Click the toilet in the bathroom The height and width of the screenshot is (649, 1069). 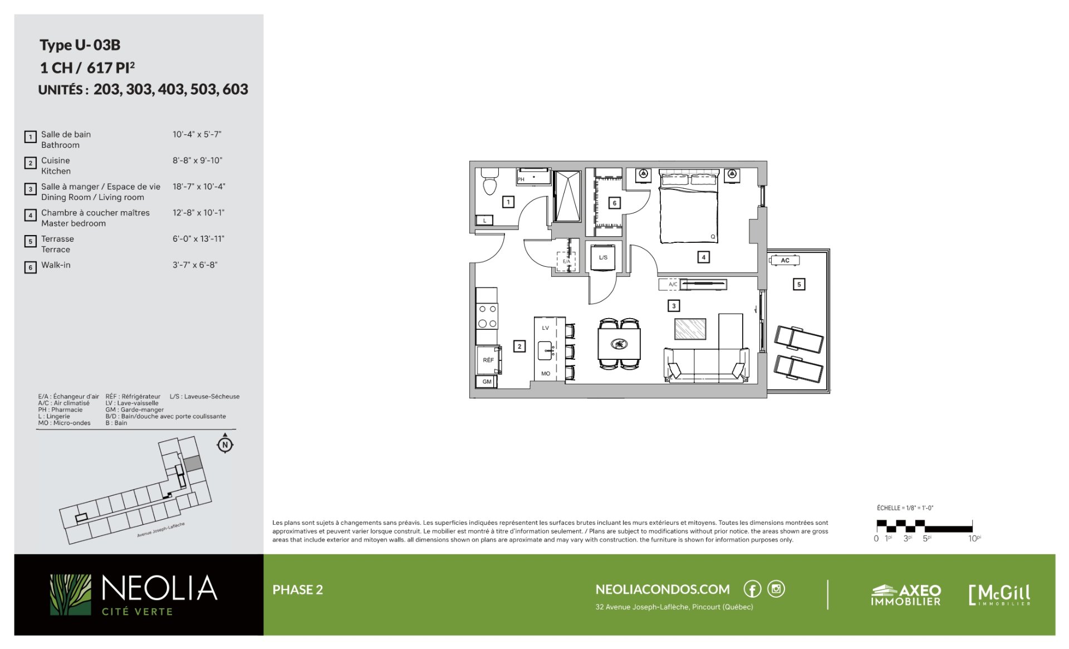pos(489,180)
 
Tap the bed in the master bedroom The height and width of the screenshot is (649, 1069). pos(688,206)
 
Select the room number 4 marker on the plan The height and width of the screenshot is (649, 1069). pos(704,257)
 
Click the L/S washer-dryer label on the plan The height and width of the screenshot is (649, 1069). pos(603,257)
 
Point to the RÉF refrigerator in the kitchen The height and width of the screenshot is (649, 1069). pos(489,360)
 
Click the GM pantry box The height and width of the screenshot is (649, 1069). pos(486,382)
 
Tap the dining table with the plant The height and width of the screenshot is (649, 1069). pos(619,344)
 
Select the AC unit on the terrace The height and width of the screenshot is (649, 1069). pos(785,260)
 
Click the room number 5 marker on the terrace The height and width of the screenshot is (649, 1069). pos(799,284)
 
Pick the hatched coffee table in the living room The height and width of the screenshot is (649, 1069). pos(690,329)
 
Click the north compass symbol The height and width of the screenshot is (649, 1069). pos(225,444)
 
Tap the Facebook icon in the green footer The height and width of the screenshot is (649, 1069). pos(752,589)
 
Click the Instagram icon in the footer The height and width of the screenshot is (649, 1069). pos(776,589)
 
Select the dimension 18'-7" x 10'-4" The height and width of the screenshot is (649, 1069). pos(199,187)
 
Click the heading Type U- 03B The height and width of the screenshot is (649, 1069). pos(80,45)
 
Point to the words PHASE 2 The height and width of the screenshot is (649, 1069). pos(297,590)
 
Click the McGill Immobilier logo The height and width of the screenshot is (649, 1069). pos(1000,595)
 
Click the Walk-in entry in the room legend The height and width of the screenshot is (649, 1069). pos(56,265)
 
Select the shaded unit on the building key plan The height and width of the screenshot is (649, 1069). pos(193,463)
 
